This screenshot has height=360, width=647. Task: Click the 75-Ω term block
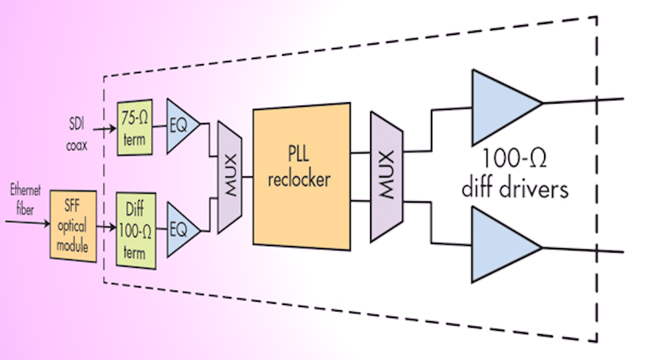[x=134, y=128]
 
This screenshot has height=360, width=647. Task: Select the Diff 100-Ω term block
[x=135, y=229]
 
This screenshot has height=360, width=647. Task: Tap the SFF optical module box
[x=73, y=223]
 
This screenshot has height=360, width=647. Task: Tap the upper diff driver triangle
[x=501, y=106]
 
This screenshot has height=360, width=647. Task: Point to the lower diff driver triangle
[x=501, y=244]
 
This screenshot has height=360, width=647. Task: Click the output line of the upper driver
[x=582, y=100]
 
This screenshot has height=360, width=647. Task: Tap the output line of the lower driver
[x=582, y=251]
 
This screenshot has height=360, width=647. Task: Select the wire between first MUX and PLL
[x=247, y=175]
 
